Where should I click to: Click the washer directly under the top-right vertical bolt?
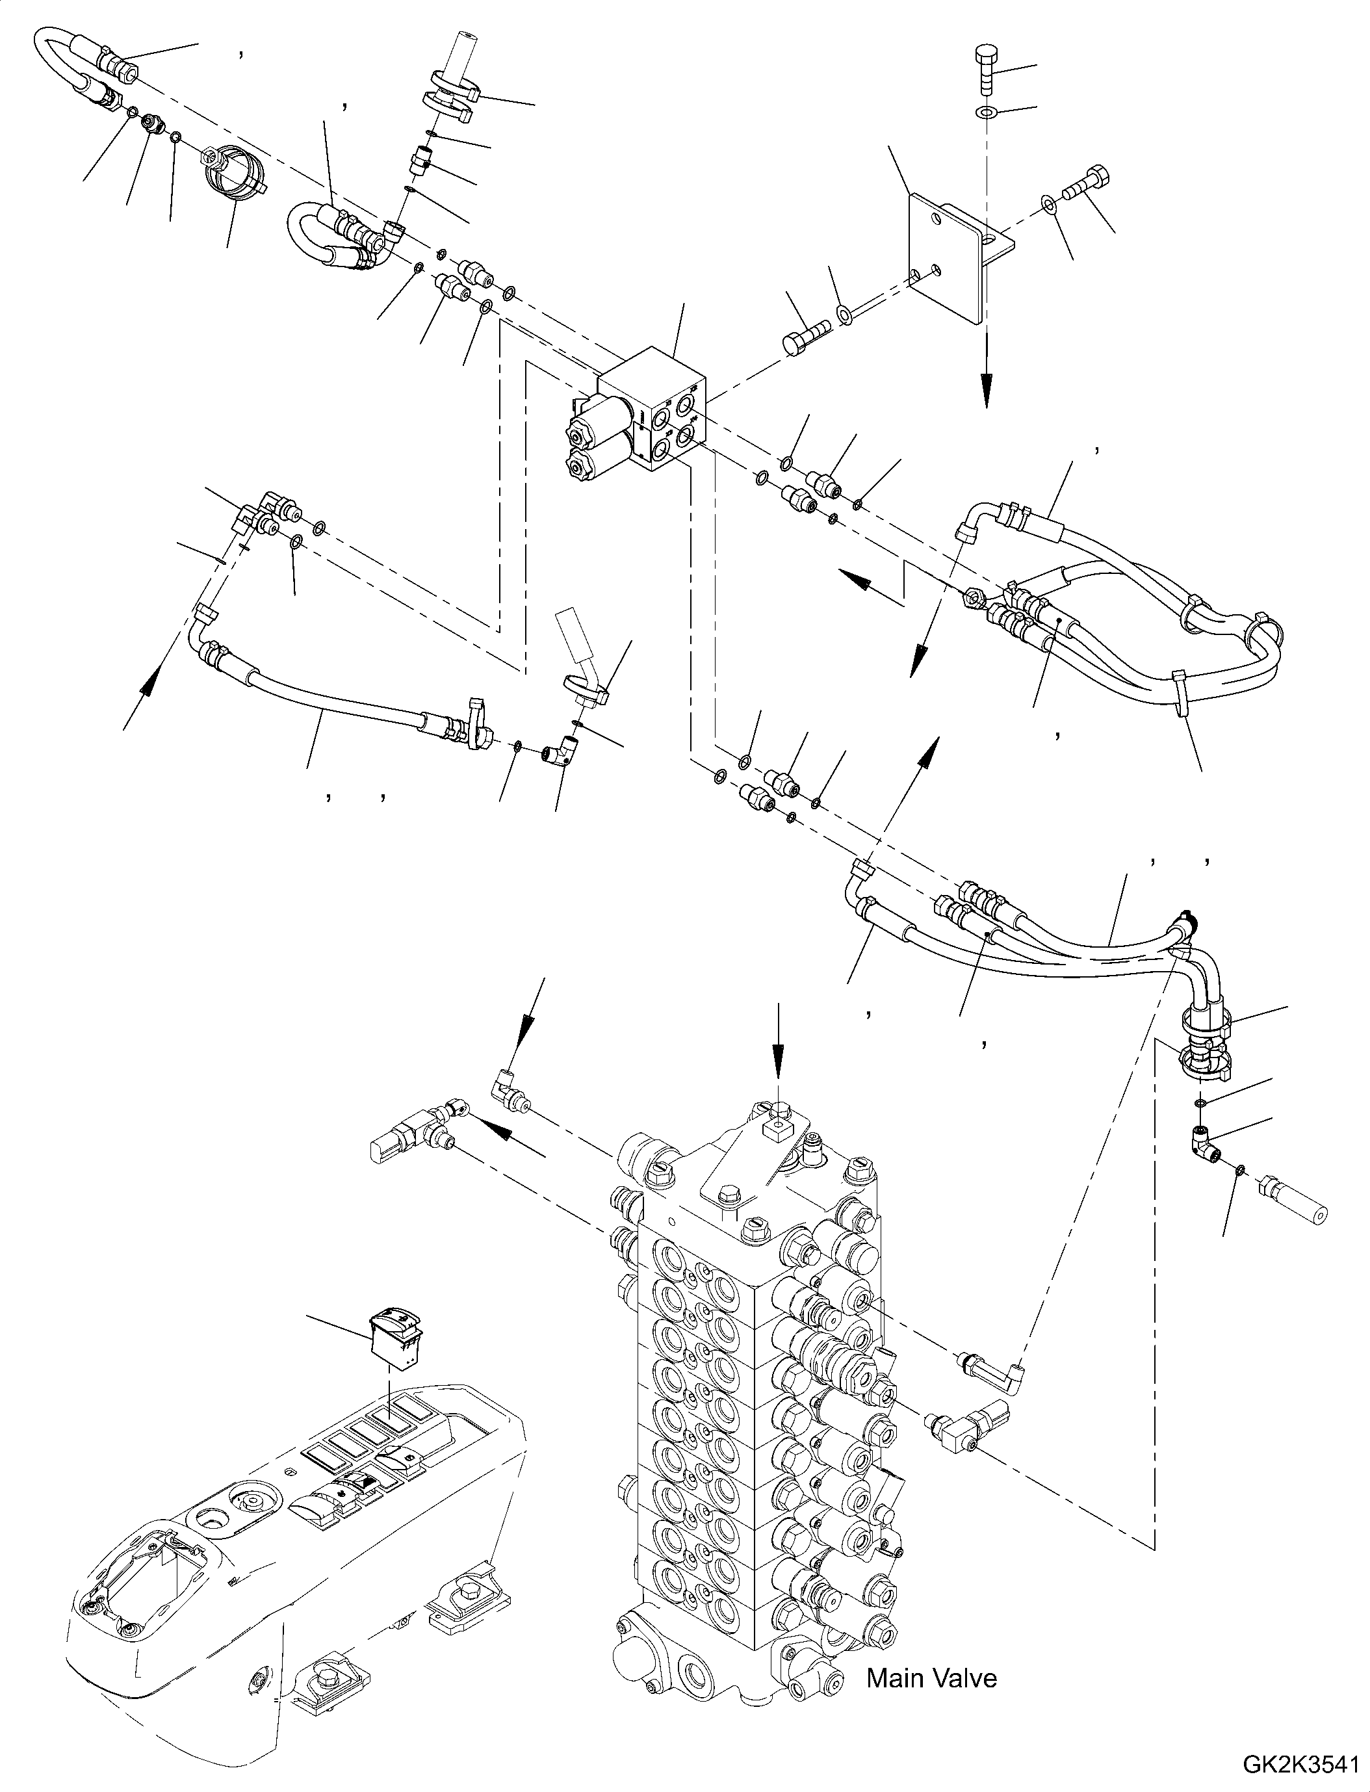tap(986, 111)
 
